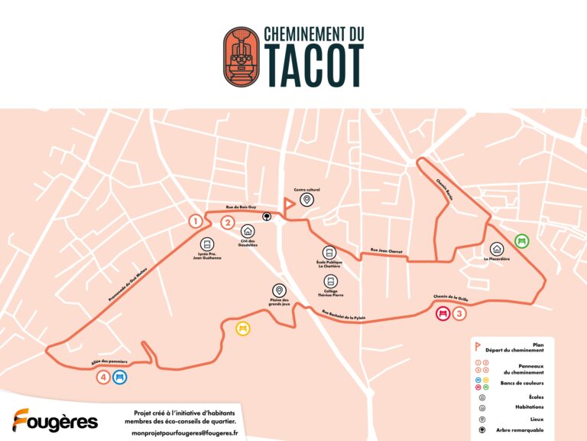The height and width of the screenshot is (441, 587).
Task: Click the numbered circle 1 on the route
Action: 196,221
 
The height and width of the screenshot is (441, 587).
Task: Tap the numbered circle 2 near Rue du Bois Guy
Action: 227,223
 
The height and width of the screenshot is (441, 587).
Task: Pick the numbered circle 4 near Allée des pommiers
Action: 103,377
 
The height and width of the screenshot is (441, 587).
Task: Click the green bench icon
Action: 521,241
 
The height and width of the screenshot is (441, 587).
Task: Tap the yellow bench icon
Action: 243,328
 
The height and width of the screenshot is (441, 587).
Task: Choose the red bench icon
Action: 442,313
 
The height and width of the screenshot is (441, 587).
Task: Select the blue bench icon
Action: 119,377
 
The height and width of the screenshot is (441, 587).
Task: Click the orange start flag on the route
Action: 288,205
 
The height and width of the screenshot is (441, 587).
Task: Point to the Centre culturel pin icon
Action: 306,200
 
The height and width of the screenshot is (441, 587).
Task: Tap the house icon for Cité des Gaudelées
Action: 248,230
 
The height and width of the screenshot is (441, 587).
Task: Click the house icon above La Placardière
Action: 497,248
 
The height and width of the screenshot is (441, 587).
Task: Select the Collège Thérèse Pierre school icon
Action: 330,281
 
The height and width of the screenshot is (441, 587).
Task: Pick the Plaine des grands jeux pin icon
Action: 280,290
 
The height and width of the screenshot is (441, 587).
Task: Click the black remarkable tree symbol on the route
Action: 267,216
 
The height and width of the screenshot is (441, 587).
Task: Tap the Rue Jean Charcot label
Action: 386,250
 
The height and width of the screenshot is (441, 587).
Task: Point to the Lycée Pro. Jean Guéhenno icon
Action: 207,243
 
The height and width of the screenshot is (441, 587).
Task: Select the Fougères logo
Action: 55,421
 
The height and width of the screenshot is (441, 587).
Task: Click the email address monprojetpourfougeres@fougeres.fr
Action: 184,433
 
